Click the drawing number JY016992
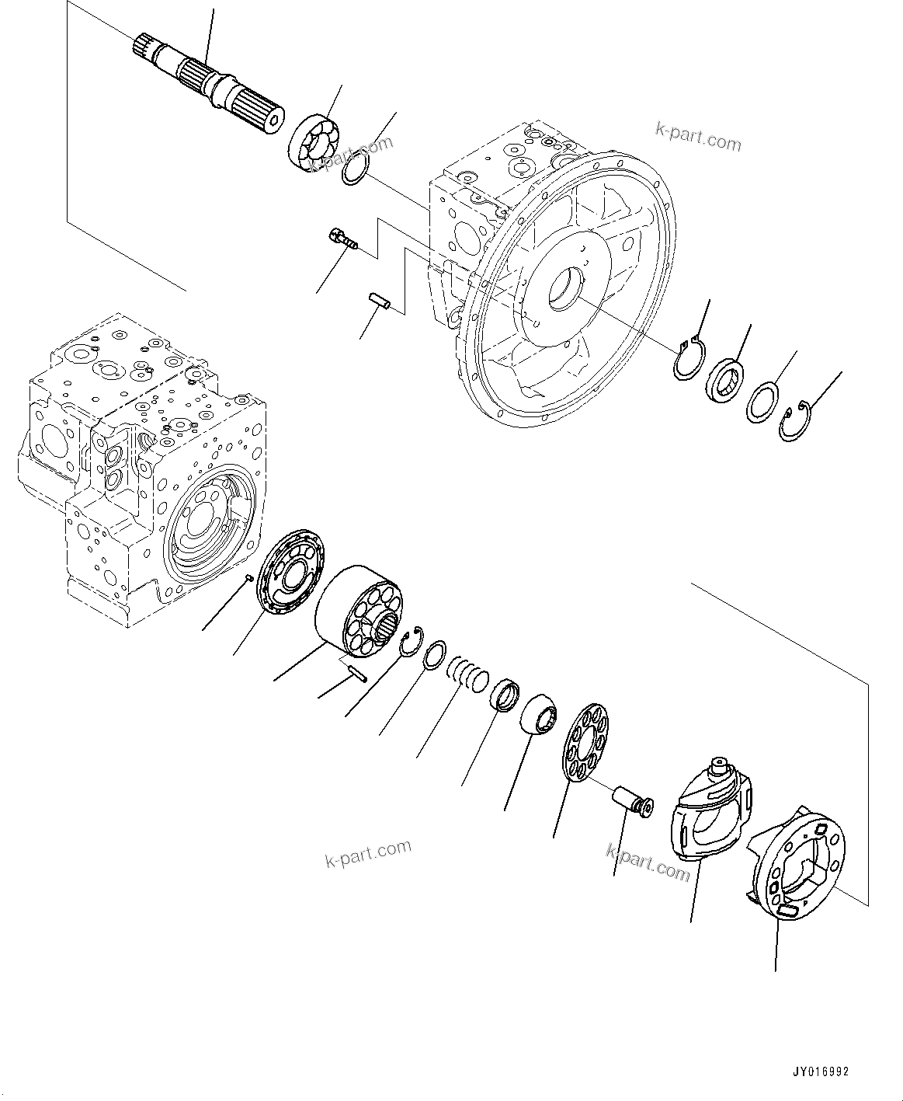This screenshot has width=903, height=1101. click(x=820, y=1071)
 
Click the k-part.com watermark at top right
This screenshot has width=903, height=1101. click(x=687, y=140)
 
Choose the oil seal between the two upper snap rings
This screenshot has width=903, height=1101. click(x=724, y=382)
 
